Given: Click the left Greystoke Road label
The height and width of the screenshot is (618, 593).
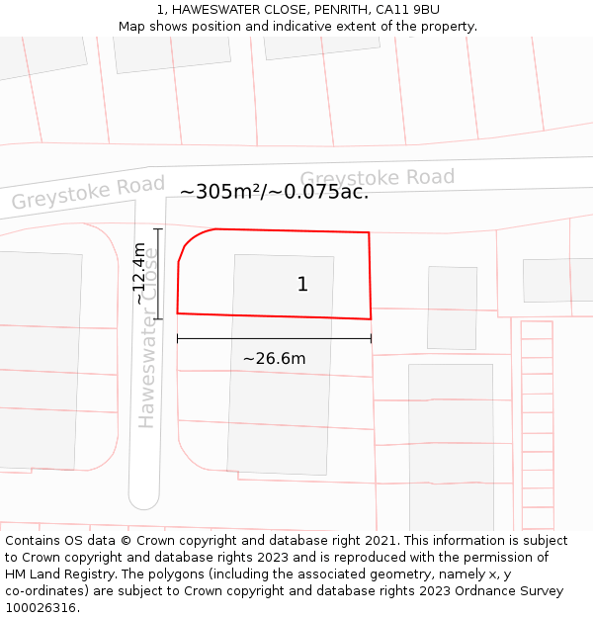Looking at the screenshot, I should click(x=88, y=193).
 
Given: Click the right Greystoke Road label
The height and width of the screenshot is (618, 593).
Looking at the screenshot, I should click(x=377, y=178).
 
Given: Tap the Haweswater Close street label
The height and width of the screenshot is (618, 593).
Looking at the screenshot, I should click(x=147, y=336).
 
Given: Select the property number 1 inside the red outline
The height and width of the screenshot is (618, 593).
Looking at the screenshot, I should click(x=302, y=285).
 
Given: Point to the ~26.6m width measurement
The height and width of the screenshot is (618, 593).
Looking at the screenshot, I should click(x=274, y=359).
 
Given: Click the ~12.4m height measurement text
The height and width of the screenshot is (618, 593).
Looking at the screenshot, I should click(x=140, y=274).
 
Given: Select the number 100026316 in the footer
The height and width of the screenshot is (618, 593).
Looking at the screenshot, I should click(x=40, y=608).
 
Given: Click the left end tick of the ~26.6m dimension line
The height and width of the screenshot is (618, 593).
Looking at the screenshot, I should click(x=178, y=338).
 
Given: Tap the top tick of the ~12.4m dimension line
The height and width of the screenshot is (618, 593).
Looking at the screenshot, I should click(x=158, y=229).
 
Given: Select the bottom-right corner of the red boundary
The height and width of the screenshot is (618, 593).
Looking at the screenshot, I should click(x=371, y=318).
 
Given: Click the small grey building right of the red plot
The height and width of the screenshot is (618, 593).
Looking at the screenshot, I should click(x=452, y=308).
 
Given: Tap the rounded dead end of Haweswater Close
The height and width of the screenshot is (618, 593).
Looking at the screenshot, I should click(x=144, y=499).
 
